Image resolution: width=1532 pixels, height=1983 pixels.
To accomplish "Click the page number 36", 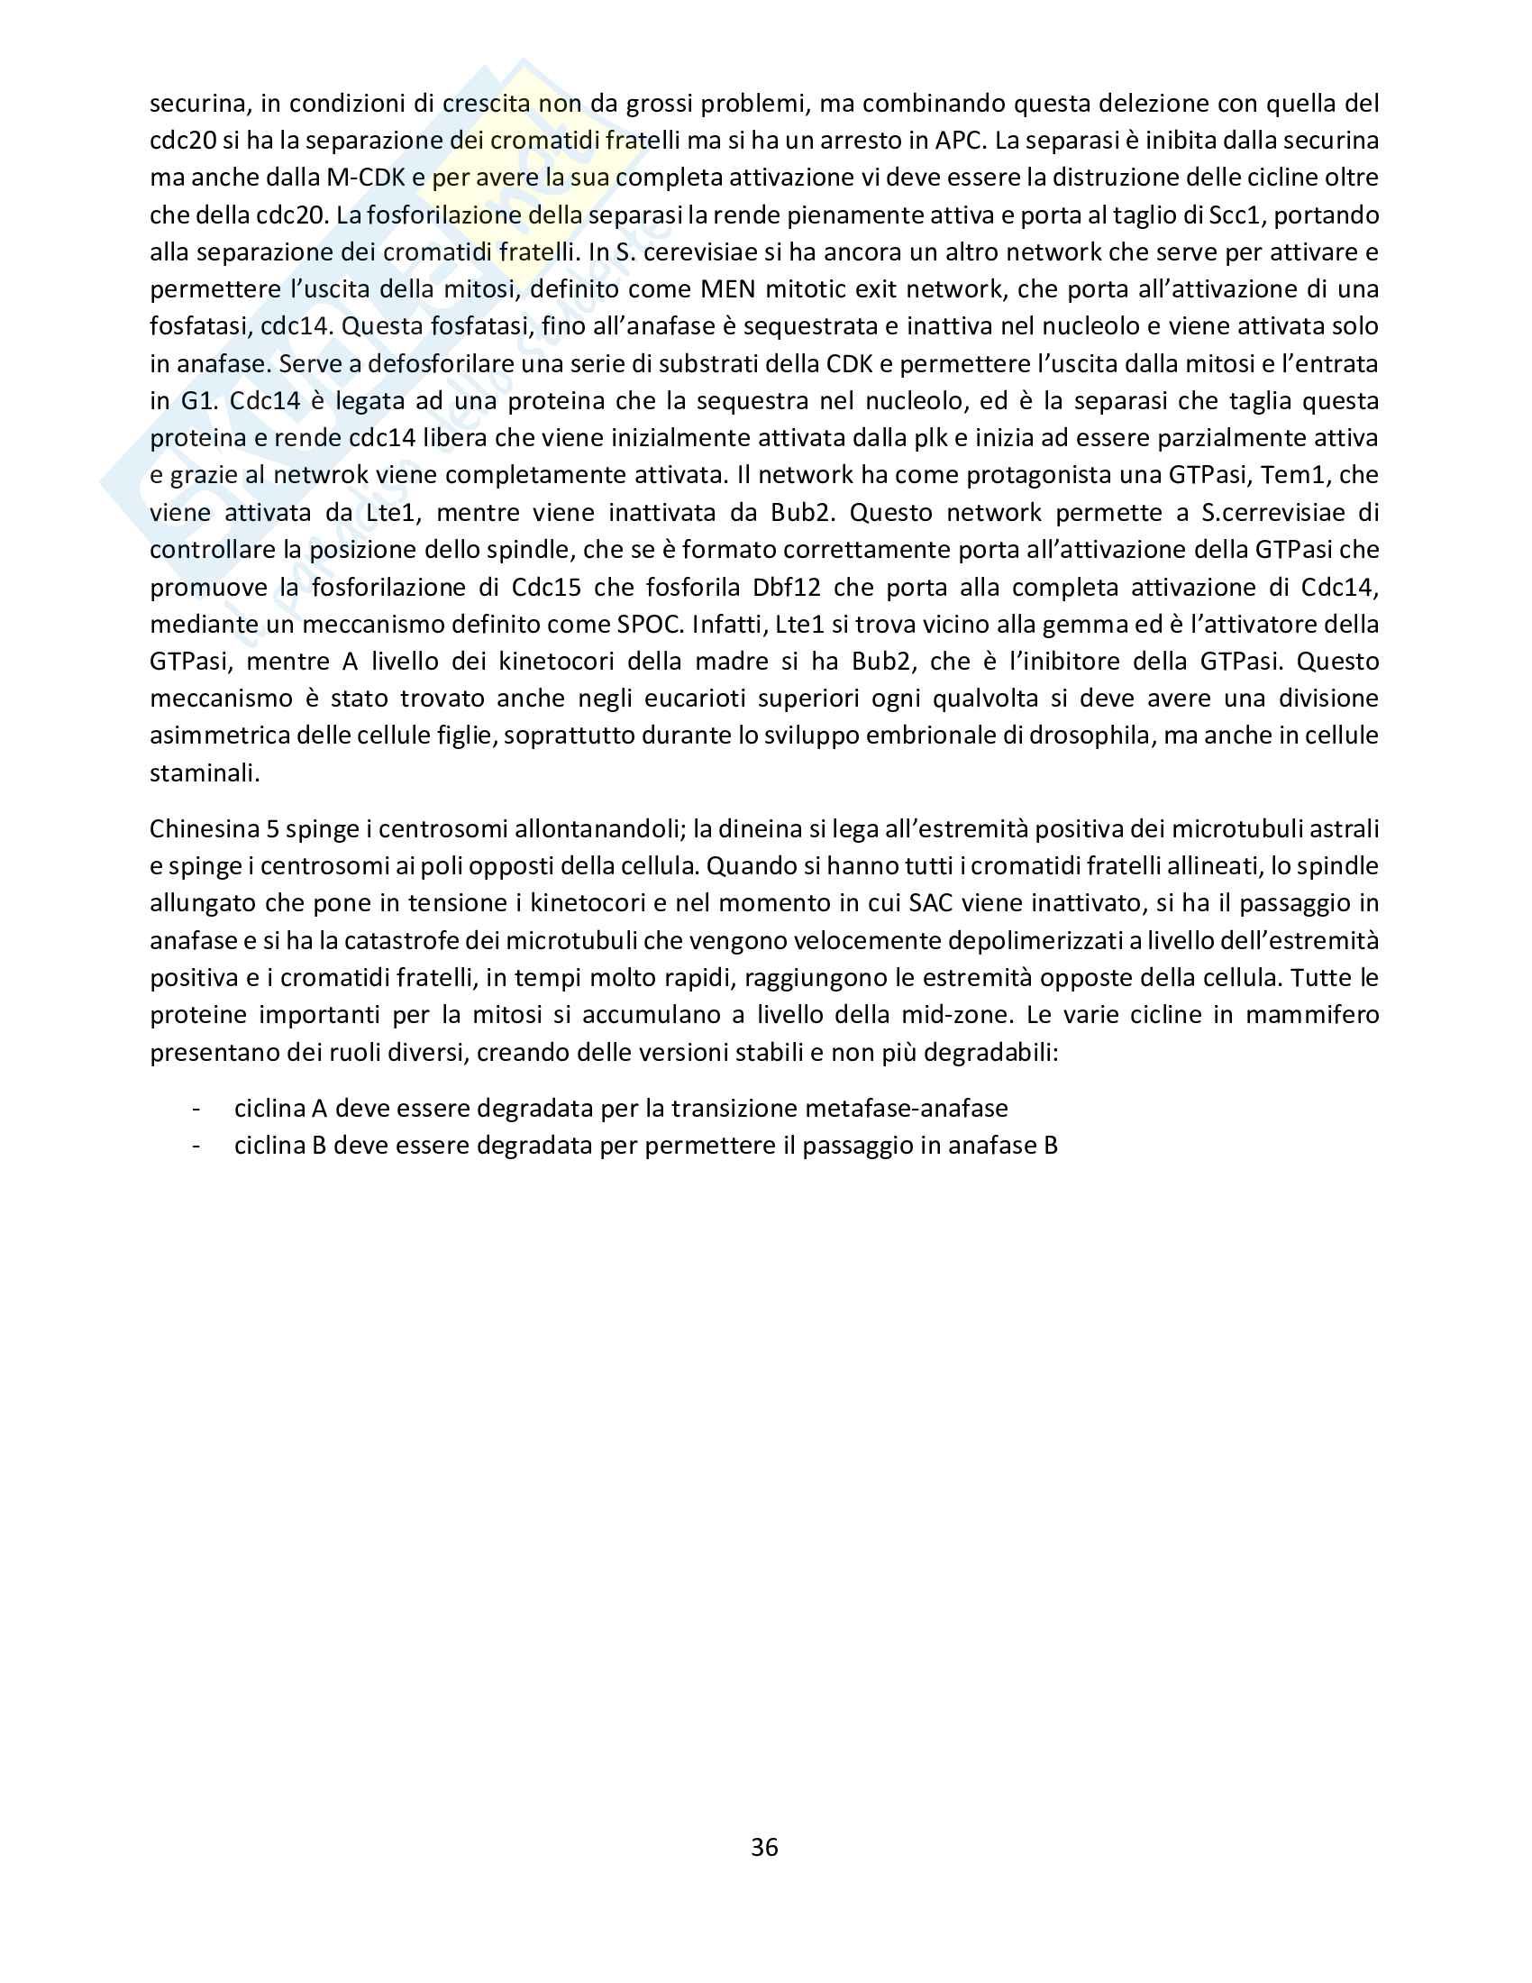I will pyautogui.click(x=764, y=1847).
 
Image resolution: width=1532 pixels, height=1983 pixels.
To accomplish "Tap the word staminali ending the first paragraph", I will pyautogui.click(x=205, y=772).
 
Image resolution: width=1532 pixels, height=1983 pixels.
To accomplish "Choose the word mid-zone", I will pyautogui.click(x=951, y=1015).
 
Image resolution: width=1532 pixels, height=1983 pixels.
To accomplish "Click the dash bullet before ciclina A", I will pyautogui.click(x=196, y=1109).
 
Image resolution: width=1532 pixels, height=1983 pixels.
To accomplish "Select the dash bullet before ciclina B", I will pyautogui.click(x=196, y=1146).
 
